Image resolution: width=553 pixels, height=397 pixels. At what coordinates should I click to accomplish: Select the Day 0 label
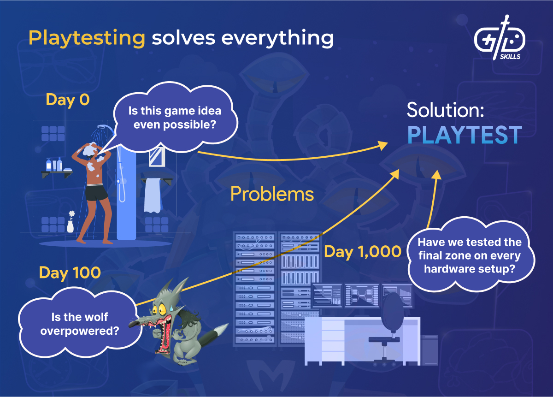pos(68,100)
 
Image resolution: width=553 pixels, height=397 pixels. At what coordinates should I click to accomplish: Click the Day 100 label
pos(70,273)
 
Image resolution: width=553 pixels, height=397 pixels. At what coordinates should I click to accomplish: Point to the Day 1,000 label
pos(363,252)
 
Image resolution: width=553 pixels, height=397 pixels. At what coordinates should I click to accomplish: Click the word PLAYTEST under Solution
pos(465,135)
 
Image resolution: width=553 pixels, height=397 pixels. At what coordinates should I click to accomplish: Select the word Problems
pos(272,195)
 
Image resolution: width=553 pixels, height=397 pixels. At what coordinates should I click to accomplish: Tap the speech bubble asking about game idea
pos(175,118)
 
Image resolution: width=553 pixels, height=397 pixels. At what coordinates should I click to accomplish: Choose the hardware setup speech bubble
pos(470,256)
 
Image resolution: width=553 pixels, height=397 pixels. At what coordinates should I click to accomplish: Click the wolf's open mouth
pos(162,332)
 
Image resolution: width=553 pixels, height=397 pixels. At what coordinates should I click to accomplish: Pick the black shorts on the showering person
pos(96,192)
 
